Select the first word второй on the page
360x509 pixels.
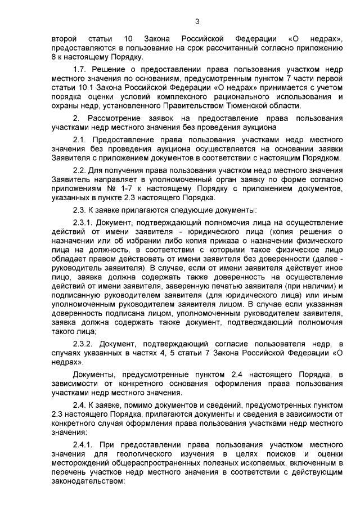pyautogui.click(x=65, y=38)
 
